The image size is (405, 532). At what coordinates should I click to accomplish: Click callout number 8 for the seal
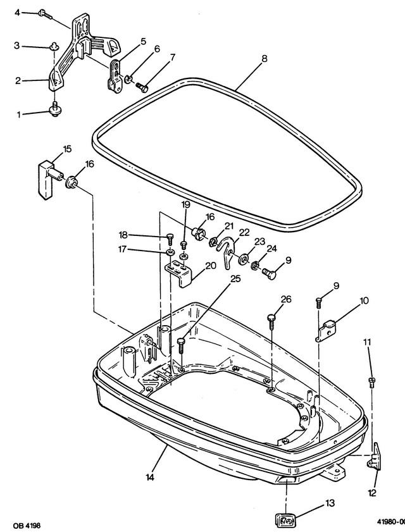pyautogui.click(x=264, y=59)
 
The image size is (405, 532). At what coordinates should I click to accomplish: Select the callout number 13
pyautogui.click(x=330, y=504)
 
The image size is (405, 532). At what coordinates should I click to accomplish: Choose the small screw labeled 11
pyautogui.click(x=371, y=381)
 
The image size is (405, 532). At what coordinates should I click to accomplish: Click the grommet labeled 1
pyautogui.click(x=55, y=112)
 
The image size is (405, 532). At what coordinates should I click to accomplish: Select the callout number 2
pyautogui.click(x=18, y=80)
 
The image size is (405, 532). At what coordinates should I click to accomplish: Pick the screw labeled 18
pyautogui.click(x=169, y=239)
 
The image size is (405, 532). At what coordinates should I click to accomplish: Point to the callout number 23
pyautogui.click(x=259, y=242)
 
